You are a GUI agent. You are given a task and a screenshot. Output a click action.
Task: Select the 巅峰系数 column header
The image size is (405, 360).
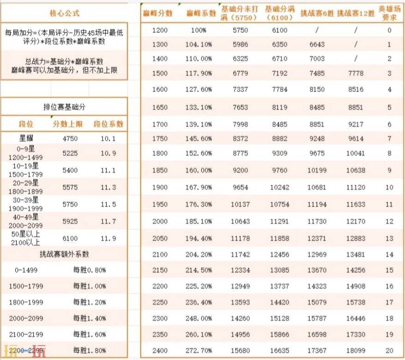click(201, 13)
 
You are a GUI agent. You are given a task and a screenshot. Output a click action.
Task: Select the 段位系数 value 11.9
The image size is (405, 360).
click(108, 239)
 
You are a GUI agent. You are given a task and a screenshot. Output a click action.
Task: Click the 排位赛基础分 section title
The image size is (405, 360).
click(64, 107)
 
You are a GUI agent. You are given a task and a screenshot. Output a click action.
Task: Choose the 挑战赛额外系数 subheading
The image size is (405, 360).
click(64, 254)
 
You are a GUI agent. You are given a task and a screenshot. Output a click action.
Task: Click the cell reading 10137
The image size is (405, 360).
click(240, 204)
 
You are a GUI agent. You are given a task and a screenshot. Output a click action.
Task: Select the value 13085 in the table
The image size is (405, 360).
click(279, 270)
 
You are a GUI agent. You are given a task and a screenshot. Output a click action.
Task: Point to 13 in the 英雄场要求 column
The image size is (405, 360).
click(389, 238)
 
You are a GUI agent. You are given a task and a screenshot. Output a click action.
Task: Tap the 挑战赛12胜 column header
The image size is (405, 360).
click(356, 13)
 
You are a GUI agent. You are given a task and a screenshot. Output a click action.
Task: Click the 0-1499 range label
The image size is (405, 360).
click(26, 270)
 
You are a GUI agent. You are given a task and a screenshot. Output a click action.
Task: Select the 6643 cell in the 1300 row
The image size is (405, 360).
click(317, 45)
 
